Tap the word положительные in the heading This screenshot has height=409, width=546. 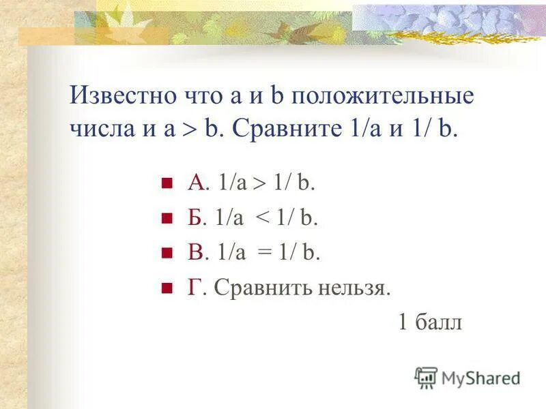click(x=382, y=96)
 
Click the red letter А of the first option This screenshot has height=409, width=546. click(x=196, y=183)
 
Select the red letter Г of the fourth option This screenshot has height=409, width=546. click(x=195, y=288)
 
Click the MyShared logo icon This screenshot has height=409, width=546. click(x=427, y=378)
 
